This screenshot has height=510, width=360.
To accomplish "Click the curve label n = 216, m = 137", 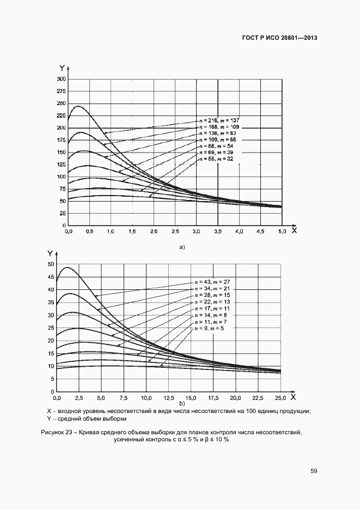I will click(x=219, y=120).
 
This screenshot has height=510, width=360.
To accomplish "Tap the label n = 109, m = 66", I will click(x=219, y=139).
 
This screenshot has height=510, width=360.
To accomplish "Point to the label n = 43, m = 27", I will click(x=212, y=282).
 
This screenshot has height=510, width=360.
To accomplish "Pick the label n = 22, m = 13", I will click(x=212, y=302).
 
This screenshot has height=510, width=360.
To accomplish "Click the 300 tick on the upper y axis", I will click(x=61, y=79).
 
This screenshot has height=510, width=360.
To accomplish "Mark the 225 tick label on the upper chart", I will click(x=61, y=116).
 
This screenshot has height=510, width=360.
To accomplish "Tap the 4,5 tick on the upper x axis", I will click(x=260, y=232).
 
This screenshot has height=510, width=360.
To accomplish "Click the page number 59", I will click(x=314, y=471).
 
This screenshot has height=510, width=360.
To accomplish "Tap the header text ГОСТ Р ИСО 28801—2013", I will click(x=279, y=38).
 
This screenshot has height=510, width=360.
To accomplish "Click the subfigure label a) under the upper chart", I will click(x=182, y=247).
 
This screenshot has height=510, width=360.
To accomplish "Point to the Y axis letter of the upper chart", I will click(x=63, y=68).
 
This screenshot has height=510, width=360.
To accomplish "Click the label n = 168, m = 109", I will click(x=219, y=126).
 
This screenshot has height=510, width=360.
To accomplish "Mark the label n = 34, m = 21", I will click(x=212, y=289).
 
